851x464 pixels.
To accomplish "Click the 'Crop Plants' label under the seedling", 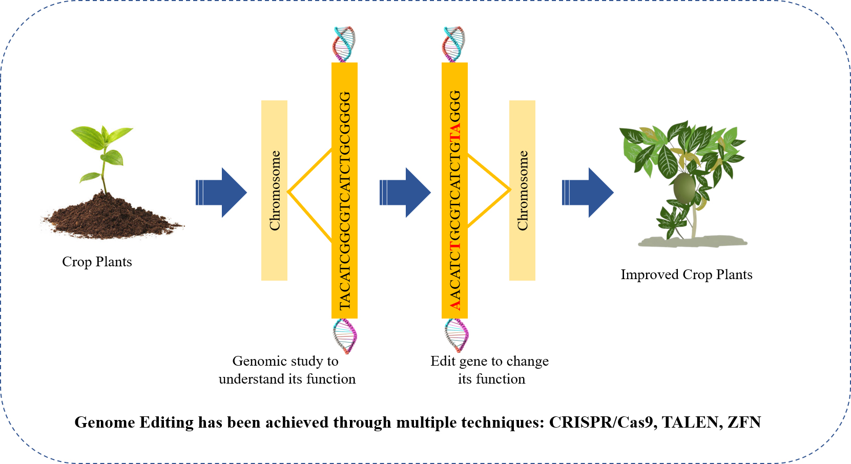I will tap(97, 262).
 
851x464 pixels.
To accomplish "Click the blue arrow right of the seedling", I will tap(221, 193).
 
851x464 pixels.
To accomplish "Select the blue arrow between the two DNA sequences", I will tap(405, 193).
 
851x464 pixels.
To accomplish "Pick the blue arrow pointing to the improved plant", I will tap(588, 193).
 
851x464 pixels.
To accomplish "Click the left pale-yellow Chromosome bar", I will tap(274, 191).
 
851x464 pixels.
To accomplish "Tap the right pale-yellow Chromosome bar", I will tap(522, 191).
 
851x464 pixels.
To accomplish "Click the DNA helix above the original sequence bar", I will tap(344, 44).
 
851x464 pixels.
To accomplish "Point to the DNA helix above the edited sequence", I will tap(454, 44).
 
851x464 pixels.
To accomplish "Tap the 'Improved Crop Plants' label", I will tap(687, 275).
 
